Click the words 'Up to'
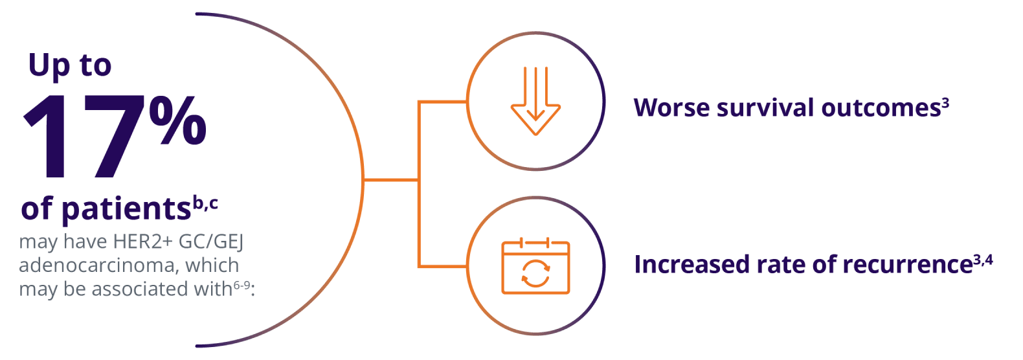pyautogui.click(x=70, y=66)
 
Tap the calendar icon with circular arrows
pyautogui.click(x=535, y=267)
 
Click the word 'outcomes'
pyautogui.click(x=881, y=108)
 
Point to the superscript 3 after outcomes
pyautogui.click(x=945, y=102)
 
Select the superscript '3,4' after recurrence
pyautogui.click(x=983, y=260)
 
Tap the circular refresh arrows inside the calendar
pyautogui.click(x=535, y=273)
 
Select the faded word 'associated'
pyautogui.click(x=141, y=289)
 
